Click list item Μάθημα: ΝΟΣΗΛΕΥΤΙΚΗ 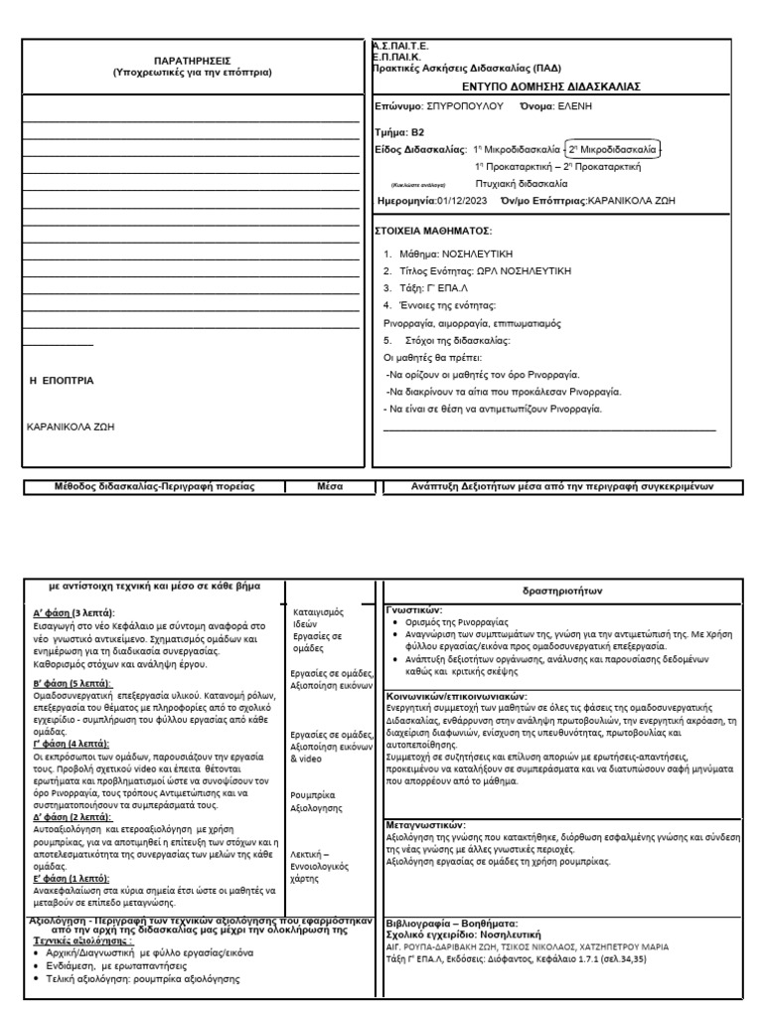(x=448, y=254)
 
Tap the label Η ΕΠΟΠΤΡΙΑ (x=62, y=380)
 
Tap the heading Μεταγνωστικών (x=424, y=825)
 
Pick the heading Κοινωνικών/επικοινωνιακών (x=456, y=697)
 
